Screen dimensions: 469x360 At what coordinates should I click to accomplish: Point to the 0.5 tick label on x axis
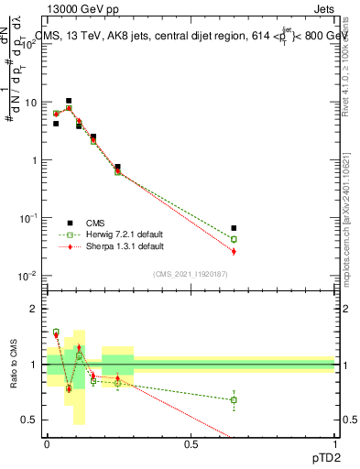click(191, 443)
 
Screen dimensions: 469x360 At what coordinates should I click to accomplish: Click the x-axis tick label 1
click(335, 443)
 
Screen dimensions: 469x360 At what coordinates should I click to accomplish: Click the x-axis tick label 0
click(47, 443)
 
